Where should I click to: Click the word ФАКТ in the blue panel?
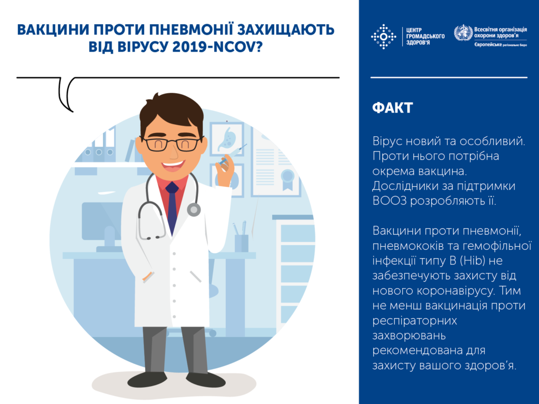(392, 108)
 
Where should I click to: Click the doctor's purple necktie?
(171, 208)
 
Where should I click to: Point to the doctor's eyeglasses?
(172, 144)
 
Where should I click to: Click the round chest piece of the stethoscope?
(194, 209)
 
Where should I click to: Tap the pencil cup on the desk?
(241, 242)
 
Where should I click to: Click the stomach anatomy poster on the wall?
(227, 139)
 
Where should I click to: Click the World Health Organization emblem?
(463, 35)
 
